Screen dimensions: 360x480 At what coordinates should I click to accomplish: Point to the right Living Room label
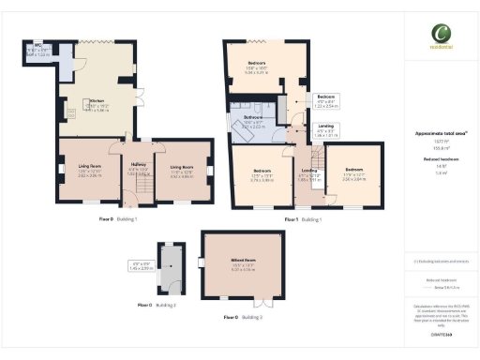[182, 170]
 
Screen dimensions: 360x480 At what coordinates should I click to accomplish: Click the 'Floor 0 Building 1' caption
[118, 218]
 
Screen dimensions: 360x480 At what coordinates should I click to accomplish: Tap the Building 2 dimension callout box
[140, 266]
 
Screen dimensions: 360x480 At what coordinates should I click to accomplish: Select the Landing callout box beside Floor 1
[323, 131]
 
